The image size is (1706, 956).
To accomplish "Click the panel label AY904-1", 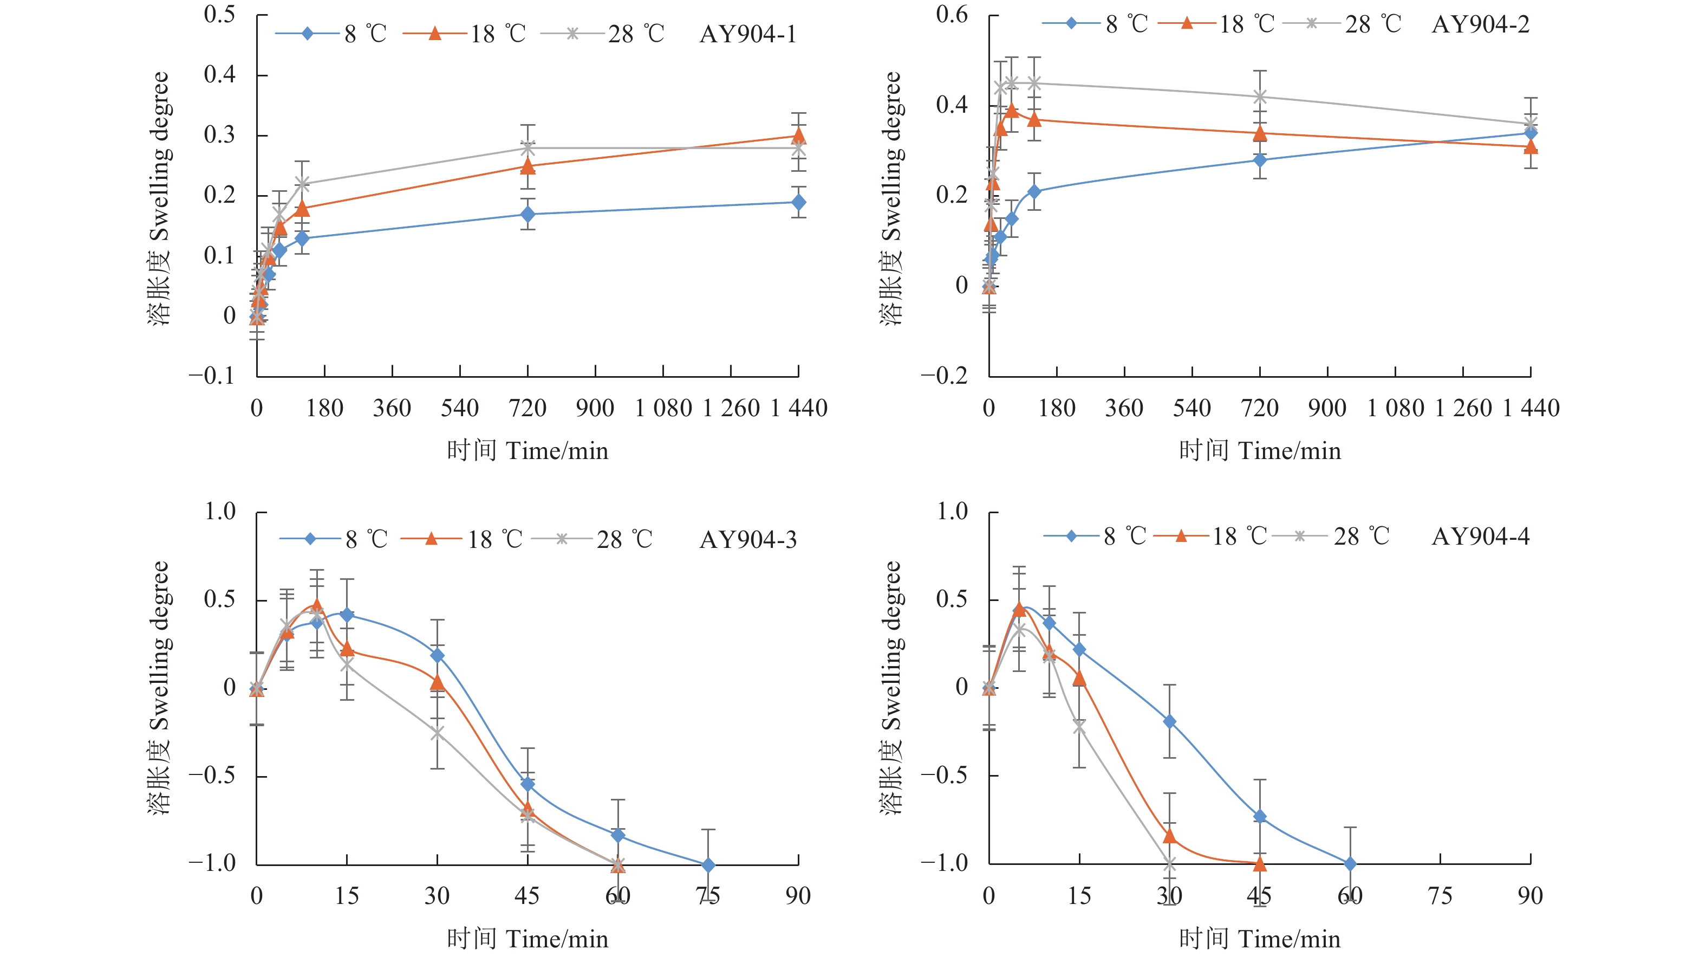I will click(748, 34).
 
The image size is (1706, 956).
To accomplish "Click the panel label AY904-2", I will click(1480, 24).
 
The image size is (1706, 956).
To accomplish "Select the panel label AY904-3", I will click(748, 539).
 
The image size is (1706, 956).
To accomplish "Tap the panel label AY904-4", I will click(1480, 536).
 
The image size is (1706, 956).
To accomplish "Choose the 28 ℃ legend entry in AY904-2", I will click(1343, 24).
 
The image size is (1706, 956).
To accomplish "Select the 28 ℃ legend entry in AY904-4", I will click(1331, 536).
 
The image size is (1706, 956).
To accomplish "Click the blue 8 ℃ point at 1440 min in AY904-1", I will click(799, 202).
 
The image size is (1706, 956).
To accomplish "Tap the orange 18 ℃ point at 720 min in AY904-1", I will click(528, 166).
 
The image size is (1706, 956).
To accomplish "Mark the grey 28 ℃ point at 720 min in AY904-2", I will click(1260, 96).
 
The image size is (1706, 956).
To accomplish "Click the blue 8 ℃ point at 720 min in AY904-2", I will click(1260, 160).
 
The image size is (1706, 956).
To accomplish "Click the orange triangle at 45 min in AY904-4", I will click(1260, 863).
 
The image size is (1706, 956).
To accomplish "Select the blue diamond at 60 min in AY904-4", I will click(1350, 864).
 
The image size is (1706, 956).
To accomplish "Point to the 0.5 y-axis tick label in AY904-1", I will click(219, 15).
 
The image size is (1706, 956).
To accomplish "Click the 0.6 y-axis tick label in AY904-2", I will click(952, 15).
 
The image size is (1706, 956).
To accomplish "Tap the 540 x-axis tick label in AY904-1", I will click(460, 408).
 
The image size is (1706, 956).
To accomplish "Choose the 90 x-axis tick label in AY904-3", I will click(798, 896).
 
